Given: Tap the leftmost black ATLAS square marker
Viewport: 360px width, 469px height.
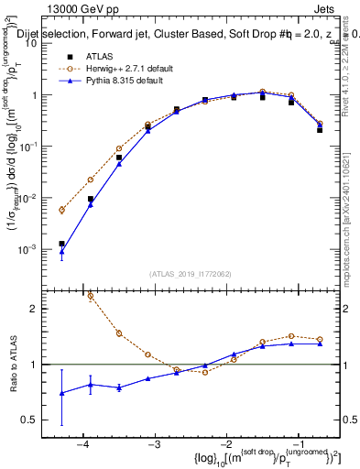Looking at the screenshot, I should click(x=61, y=244).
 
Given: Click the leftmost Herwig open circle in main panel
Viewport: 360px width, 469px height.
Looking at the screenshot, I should click(x=61, y=210).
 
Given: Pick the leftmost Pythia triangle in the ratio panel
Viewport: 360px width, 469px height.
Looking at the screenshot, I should click(x=61, y=393).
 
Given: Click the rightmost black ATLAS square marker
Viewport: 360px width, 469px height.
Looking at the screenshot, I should click(x=320, y=130).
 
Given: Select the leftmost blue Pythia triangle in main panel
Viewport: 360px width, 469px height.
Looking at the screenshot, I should click(x=61, y=252).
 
